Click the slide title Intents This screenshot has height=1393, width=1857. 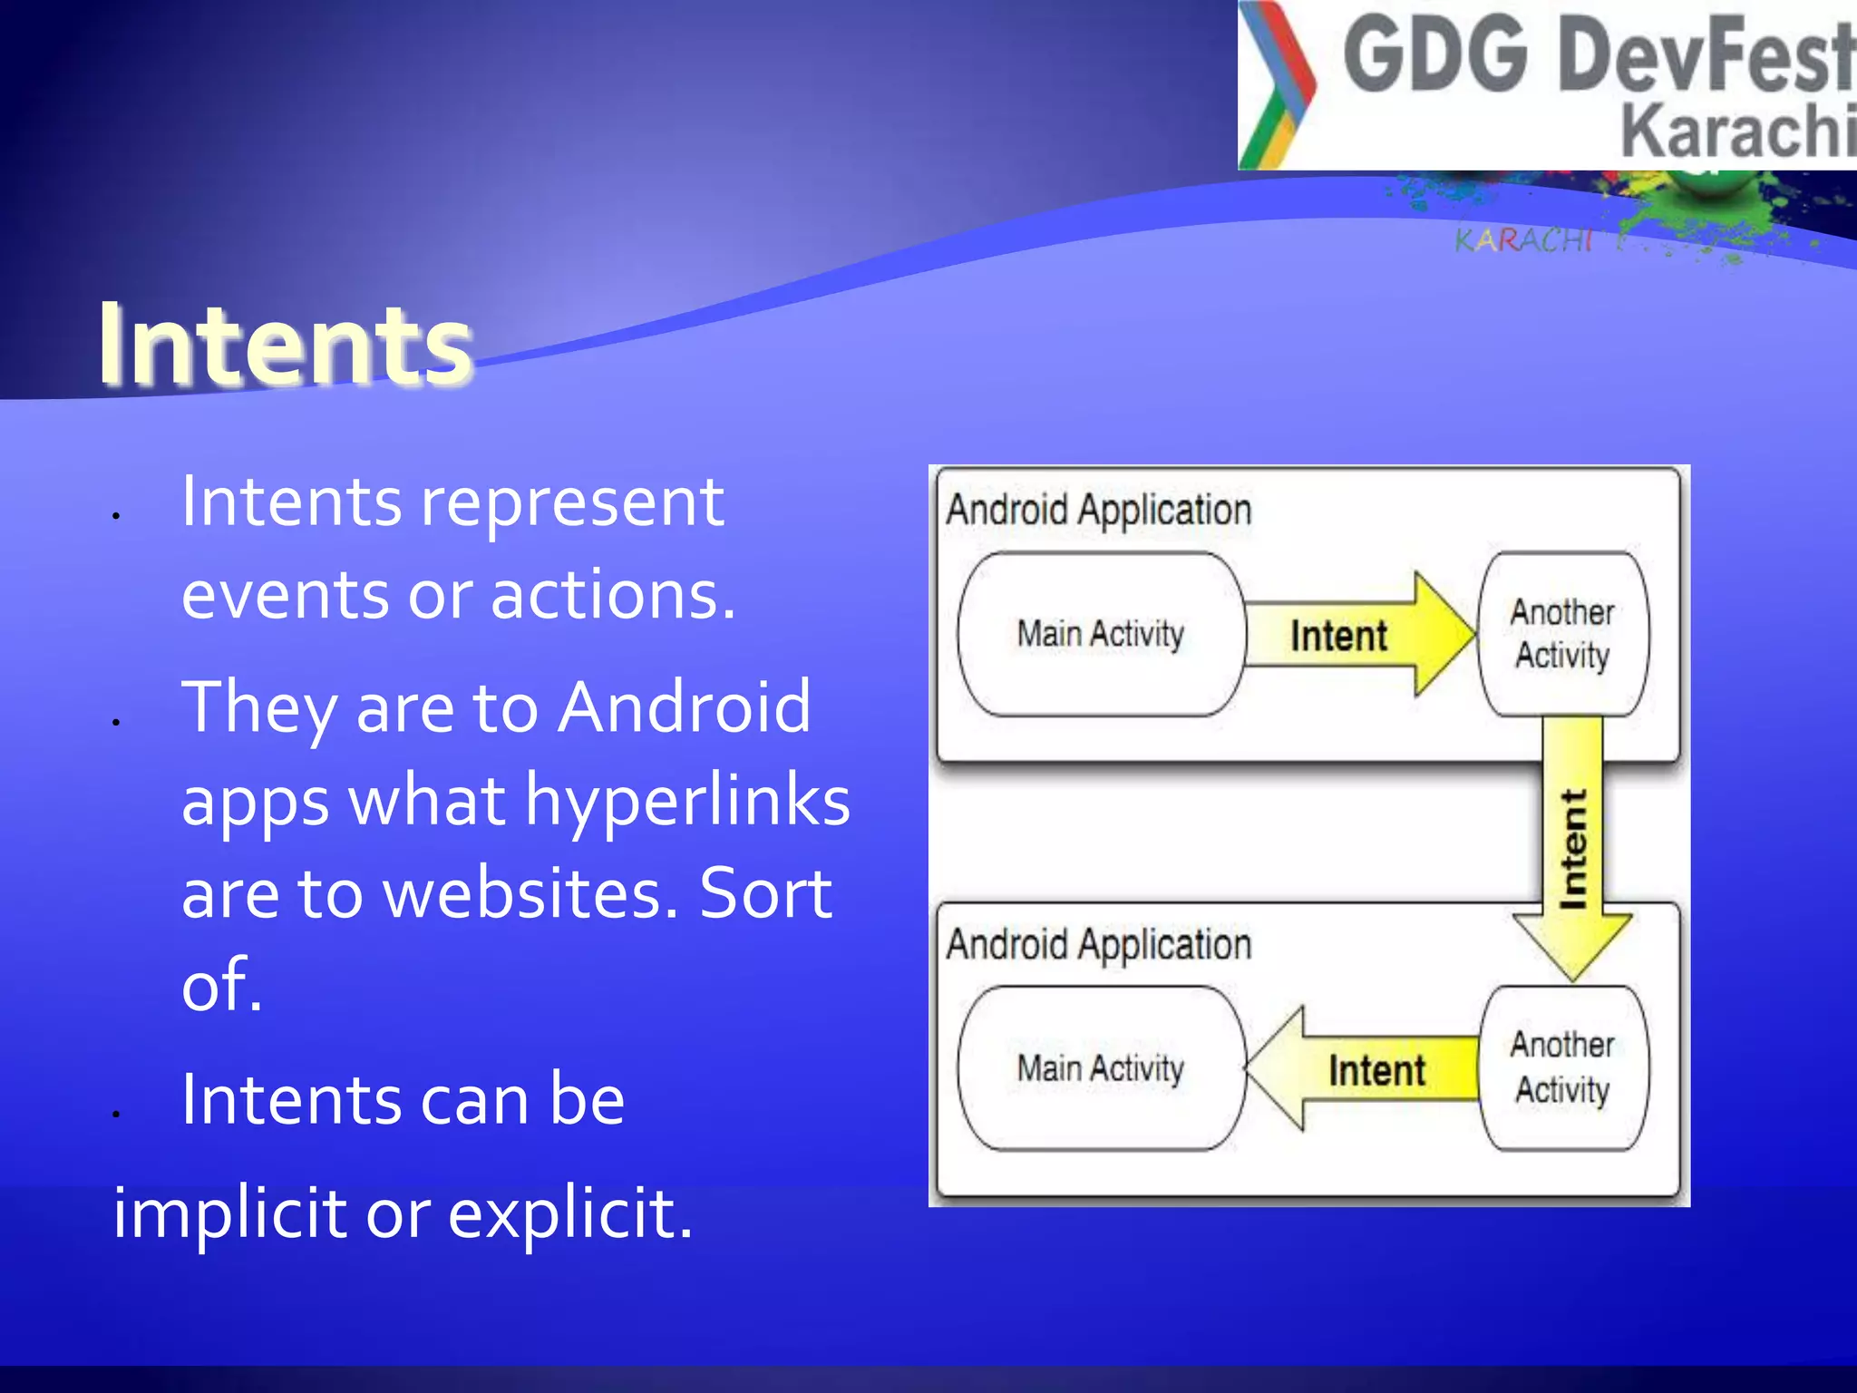(x=285, y=345)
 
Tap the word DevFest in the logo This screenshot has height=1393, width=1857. (x=1705, y=56)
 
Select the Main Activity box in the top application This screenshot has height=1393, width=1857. (x=1100, y=634)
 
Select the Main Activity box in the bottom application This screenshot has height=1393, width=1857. (x=1100, y=1068)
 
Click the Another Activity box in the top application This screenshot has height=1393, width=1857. (x=1562, y=634)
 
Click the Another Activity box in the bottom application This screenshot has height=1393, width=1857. (x=1562, y=1067)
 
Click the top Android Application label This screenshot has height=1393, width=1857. (x=1098, y=510)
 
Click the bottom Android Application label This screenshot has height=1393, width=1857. (x=1098, y=945)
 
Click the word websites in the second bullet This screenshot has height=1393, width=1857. (x=530, y=892)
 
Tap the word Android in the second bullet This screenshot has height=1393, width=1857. (x=684, y=706)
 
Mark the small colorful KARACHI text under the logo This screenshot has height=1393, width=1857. (x=1523, y=240)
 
